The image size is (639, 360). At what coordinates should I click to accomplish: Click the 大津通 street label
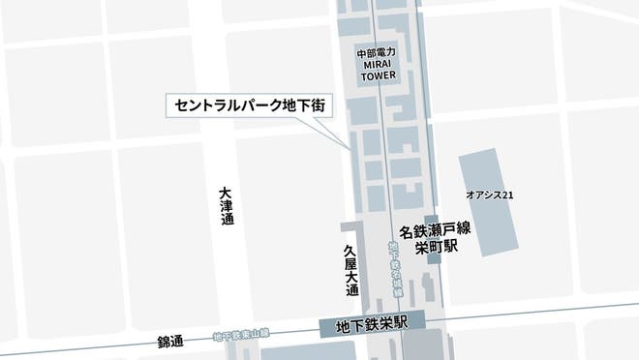(x=226, y=206)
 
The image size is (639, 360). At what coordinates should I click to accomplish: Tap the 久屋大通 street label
(x=351, y=270)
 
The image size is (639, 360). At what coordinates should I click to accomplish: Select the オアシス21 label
(x=489, y=195)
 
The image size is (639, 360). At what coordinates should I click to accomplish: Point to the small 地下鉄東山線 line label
(x=241, y=336)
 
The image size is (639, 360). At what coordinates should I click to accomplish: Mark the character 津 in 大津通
(x=226, y=206)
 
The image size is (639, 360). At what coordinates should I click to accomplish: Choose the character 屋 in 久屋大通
(x=351, y=262)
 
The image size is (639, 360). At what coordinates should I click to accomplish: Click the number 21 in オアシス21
(x=506, y=195)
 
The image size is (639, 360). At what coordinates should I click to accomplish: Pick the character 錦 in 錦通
(x=164, y=343)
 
